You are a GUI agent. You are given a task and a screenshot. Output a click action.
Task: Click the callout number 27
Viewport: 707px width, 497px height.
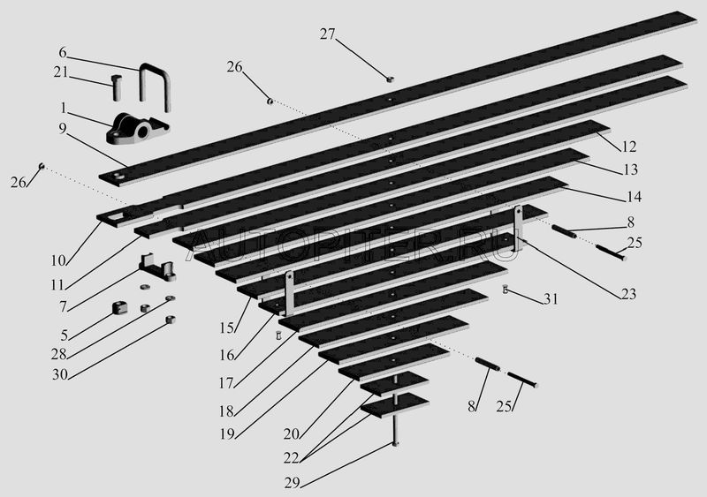point(328,34)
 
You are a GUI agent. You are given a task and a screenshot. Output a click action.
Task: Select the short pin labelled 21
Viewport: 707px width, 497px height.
point(116,87)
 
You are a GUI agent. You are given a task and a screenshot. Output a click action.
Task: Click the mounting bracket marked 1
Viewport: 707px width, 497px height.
point(137,129)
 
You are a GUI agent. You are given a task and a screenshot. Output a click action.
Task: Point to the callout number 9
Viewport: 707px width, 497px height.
point(62,128)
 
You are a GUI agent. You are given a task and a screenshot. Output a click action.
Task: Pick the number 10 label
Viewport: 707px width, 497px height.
point(58,260)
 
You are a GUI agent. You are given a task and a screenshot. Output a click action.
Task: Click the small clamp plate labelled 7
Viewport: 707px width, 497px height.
point(157,267)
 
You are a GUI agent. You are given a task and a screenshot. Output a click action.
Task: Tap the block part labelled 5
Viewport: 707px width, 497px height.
point(119,308)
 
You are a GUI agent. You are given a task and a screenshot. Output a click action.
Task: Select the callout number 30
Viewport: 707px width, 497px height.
point(60,374)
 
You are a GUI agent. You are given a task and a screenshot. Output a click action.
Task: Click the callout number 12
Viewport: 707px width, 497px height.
point(629,147)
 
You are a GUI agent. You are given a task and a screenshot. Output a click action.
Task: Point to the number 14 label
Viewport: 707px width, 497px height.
point(634,197)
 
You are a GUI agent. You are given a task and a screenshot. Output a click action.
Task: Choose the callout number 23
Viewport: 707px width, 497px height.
point(628,294)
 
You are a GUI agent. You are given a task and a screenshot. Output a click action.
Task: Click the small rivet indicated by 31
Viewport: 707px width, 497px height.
point(506,289)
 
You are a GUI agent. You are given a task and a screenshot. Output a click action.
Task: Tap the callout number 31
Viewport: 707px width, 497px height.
point(551,298)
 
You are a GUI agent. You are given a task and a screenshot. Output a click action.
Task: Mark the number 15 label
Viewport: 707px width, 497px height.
point(227,328)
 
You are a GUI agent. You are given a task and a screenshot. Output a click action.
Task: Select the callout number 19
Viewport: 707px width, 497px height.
point(227,434)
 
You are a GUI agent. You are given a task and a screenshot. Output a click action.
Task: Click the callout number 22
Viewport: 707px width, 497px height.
point(292,458)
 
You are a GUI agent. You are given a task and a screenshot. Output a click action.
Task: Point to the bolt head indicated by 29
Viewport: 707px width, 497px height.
point(395,444)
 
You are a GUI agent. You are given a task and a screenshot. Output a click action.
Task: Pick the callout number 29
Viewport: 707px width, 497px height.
point(293,483)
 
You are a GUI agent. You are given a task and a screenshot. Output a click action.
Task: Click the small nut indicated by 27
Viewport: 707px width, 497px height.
point(391,79)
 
